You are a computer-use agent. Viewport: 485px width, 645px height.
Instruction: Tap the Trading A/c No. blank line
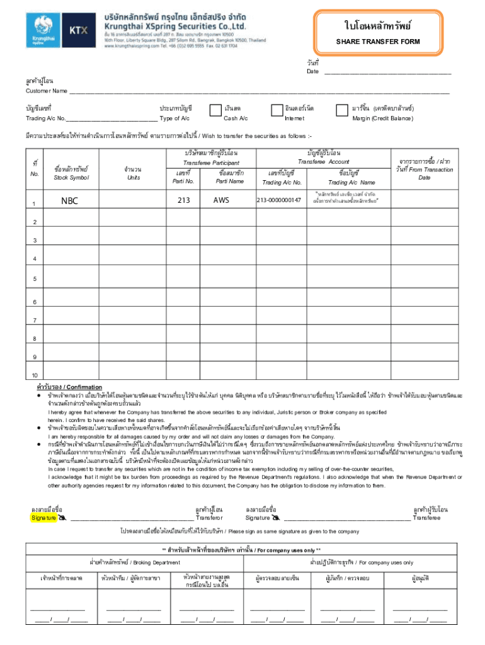[x=111, y=119]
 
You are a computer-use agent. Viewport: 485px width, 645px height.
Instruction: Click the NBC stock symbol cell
[x=70, y=201]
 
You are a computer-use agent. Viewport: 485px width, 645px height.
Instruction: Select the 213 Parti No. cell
[x=183, y=200]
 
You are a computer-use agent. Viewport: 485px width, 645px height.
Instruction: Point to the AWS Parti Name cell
[x=221, y=200]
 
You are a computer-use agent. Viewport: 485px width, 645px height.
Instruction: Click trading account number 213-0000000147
[x=279, y=200]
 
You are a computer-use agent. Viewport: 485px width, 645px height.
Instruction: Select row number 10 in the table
[x=35, y=376]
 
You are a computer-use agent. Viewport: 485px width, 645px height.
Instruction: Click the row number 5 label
[x=35, y=279]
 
